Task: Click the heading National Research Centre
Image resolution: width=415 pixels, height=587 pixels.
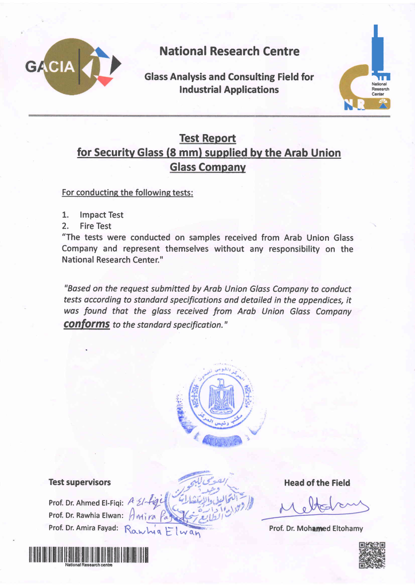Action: click(229, 51)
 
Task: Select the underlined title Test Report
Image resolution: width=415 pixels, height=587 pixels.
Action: click(207, 138)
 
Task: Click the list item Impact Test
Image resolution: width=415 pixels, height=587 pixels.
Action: click(101, 215)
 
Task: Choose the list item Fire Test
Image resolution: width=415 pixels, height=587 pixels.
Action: click(96, 226)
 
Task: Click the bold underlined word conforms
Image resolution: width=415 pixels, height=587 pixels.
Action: click(87, 324)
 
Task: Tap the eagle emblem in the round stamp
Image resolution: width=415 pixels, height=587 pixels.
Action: click(221, 398)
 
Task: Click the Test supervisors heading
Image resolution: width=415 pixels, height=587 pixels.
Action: click(80, 482)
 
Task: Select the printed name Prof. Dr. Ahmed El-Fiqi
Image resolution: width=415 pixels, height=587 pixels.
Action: click(87, 503)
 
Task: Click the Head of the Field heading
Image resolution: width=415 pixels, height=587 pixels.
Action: click(316, 483)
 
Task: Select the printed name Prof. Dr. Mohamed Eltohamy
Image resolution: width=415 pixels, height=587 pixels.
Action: click(316, 528)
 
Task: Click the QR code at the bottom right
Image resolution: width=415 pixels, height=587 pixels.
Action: click(371, 554)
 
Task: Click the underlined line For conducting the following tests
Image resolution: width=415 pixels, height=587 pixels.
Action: click(127, 192)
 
